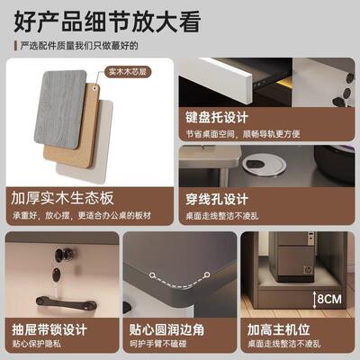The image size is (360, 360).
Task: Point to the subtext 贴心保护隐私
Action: tap(41, 346)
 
